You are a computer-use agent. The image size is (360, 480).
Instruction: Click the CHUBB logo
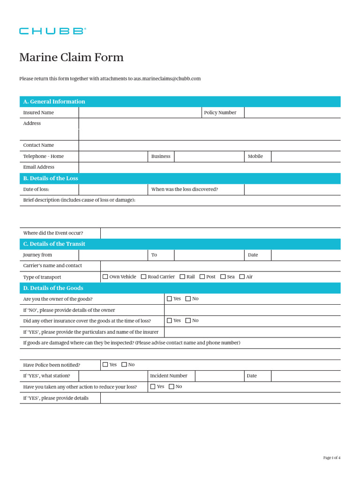pos(52,31)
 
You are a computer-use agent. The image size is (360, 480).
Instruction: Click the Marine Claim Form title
pos(71,57)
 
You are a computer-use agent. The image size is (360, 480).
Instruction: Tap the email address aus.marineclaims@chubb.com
pos(167,79)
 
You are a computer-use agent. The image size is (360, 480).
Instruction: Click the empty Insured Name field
pos(140,112)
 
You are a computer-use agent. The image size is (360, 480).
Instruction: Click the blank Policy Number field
pos(292,112)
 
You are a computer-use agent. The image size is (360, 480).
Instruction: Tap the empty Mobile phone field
pos(306,157)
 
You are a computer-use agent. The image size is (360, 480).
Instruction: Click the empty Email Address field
pos(209,167)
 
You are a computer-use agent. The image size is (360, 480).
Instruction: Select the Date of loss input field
pos(113,189)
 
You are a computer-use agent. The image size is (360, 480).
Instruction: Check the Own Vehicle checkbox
pos(105,277)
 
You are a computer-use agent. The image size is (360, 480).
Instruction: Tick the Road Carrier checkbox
pos(143,277)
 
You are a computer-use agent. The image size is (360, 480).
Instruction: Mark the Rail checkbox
pos(182,277)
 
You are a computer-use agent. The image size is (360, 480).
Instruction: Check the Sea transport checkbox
pos(223,277)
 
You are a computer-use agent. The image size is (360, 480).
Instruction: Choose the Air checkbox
pos(242,277)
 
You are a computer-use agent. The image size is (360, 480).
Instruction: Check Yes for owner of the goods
pos(169,299)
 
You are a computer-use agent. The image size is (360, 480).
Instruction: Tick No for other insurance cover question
pos(188,321)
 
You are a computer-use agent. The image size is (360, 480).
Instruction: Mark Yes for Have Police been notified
pos(105,365)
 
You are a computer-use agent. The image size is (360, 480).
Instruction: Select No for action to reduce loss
pos(172,387)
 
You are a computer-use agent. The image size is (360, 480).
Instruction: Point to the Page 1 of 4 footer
pos(332,457)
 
